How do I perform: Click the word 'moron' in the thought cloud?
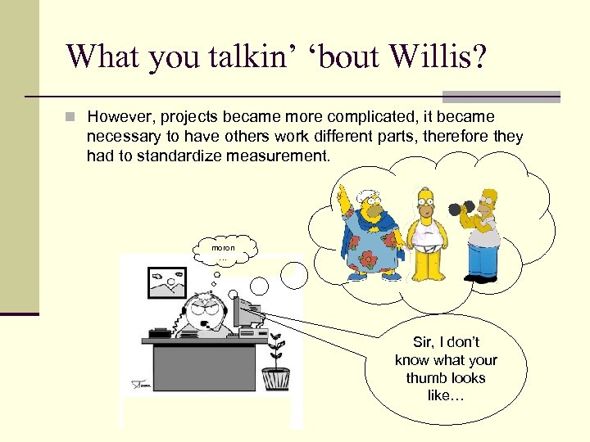pyautogui.click(x=223, y=247)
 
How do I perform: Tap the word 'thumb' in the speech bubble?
pyautogui.click(x=446, y=378)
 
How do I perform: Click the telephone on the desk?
pyautogui.click(x=160, y=331)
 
